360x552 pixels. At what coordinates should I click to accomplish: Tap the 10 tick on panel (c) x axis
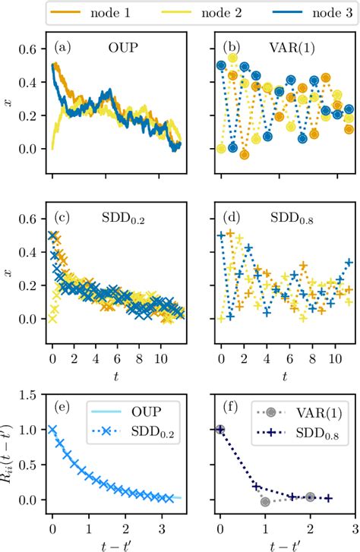(x=157, y=355)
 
